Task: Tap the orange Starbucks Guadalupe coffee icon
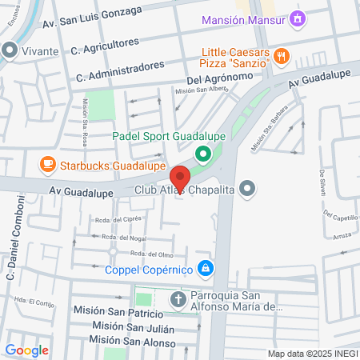coord(48,165)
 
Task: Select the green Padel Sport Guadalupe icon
coord(203,153)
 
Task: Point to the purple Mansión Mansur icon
coord(298,17)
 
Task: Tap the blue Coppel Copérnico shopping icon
coord(206,267)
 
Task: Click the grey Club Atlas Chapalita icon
coord(248,190)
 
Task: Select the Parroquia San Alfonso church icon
coord(178,301)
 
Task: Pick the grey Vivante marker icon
coord(10,50)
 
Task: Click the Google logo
coord(26,350)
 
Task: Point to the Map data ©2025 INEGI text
coord(313,354)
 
